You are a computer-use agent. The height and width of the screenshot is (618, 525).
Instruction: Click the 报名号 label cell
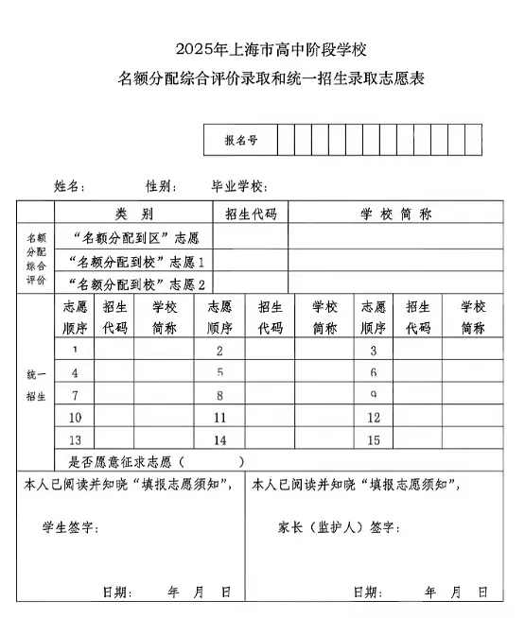241,140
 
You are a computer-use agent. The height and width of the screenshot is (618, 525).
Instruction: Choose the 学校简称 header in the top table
395,214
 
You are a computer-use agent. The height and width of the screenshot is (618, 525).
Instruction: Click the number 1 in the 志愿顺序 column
75,351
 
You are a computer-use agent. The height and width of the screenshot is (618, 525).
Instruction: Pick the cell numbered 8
219,395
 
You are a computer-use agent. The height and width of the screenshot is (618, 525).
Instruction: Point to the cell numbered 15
374,439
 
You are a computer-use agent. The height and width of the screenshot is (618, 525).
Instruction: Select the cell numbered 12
374,418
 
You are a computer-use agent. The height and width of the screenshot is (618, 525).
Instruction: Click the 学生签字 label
70,527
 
